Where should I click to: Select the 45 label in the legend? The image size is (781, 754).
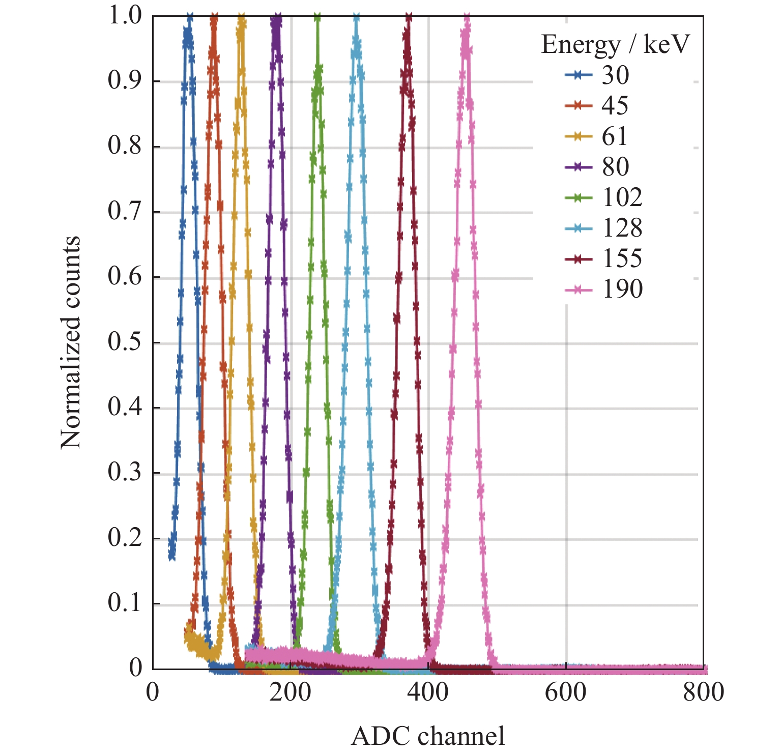pyautogui.click(x=615, y=106)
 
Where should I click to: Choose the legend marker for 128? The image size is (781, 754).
pyautogui.click(x=578, y=228)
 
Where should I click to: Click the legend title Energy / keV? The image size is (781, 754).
pyautogui.click(x=615, y=44)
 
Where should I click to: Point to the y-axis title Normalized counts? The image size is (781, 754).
pyautogui.click(x=71, y=342)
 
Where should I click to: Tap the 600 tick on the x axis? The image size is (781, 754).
pyautogui.click(x=565, y=692)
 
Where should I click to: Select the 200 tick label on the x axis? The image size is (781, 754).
pyautogui.click(x=290, y=692)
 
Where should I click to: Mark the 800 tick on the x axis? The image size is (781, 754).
pyautogui.click(x=703, y=692)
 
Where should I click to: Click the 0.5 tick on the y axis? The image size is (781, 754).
pyautogui.click(x=125, y=342)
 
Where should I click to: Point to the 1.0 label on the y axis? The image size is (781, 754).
pyautogui.click(x=125, y=15)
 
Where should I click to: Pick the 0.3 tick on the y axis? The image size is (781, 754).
pyautogui.click(x=125, y=473)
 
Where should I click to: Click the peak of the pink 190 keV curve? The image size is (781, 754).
pyautogui.click(x=467, y=18)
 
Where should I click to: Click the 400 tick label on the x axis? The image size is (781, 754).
pyautogui.click(x=428, y=692)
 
